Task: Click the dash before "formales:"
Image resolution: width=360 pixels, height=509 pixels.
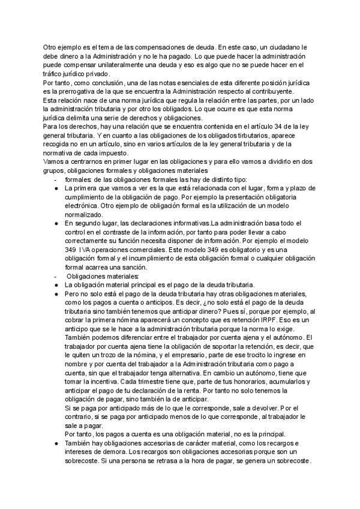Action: [56, 179]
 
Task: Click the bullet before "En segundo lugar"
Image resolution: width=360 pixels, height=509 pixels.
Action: [56, 223]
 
